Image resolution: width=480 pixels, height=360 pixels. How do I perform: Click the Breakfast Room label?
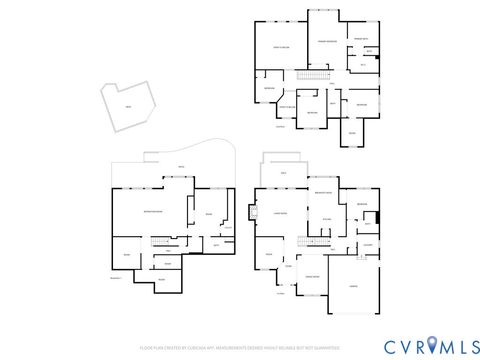coord(323,191)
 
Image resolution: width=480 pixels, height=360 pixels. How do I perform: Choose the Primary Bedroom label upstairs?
coord(325,41)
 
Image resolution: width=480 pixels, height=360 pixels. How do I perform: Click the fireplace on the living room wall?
coord(253,211)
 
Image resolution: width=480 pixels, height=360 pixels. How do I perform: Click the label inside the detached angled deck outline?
coord(126,107)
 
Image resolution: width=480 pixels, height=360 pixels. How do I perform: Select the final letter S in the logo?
coord(466,345)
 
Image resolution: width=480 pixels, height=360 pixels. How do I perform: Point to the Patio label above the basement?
coord(181,167)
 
